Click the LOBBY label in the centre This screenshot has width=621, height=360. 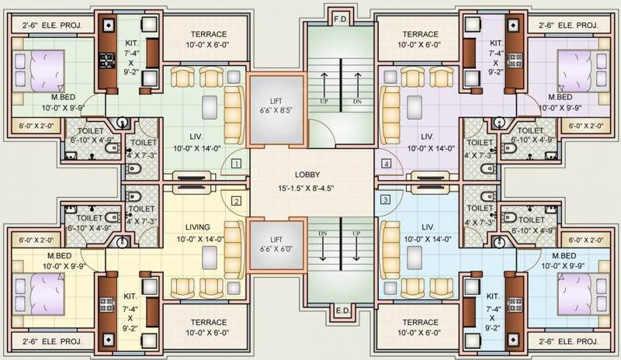click(307, 175)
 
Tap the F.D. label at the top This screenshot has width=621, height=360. click(341, 19)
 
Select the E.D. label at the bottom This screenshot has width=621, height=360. click(342, 310)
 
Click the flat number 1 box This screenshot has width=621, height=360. click(236, 163)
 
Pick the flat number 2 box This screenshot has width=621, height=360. click(236, 201)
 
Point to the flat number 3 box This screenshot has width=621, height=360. click(385, 199)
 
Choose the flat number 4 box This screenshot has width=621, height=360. click(386, 163)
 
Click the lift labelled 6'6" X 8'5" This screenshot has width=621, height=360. click(276, 109)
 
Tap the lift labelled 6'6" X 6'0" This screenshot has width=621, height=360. click(276, 244)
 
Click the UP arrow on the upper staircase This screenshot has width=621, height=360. click(324, 86)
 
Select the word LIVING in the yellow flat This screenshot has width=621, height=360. click(198, 227)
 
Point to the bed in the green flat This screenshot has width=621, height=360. click(40, 71)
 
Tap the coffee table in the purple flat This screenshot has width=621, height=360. click(415, 107)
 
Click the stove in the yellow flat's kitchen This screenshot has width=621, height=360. click(107, 305)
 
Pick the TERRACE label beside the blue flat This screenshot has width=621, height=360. click(420, 323)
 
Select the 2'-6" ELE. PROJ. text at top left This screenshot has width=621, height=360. click(52, 26)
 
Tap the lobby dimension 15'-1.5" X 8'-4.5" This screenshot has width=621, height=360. click(306, 189)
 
